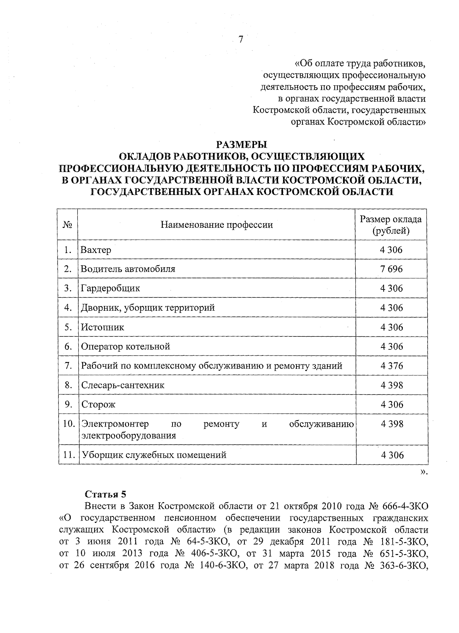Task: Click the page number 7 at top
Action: [241, 40]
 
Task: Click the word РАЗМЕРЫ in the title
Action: [241, 145]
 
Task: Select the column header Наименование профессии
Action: [216, 225]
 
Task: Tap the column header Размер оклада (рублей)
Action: [391, 225]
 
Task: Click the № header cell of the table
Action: [67, 225]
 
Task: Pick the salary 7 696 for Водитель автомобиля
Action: [391, 269]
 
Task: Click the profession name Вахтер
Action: [96, 250]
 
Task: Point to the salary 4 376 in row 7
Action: [391, 366]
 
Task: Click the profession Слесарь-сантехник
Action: [122, 385]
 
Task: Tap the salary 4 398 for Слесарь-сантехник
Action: [391, 385]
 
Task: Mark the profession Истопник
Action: [102, 327]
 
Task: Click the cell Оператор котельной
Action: [125, 347]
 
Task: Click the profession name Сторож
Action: [98, 405]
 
